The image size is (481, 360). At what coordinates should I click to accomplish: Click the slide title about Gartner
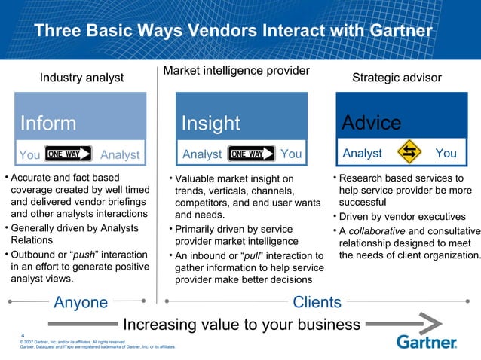pyautogui.click(x=233, y=32)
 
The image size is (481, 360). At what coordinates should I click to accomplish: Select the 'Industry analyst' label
pyautogui.click(x=81, y=78)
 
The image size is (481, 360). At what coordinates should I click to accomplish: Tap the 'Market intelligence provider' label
pyautogui.click(x=236, y=71)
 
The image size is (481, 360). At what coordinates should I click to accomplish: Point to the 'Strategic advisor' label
pyautogui.click(x=397, y=78)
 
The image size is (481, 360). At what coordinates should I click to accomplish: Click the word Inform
pyautogui.click(x=48, y=123)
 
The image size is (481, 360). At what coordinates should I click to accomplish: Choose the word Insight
pyautogui.click(x=210, y=123)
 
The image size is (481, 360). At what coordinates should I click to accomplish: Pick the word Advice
pyautogui.click(x=371, y=122)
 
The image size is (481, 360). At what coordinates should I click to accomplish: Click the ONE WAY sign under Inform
pyautogui.click(x=69, y=154)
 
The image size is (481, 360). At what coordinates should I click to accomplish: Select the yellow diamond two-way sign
pyautogui.click(x=410, y=153)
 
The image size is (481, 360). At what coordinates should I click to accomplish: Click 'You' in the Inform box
pyautogui.click(x=29, y=154)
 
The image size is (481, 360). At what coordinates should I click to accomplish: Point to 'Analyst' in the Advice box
pyautogui.click(x=362, y=154)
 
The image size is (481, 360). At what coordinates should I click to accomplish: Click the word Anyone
pyautogui.click(x=81, y=302)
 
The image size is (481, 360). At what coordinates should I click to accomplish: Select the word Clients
pyautogui.click(x=317, y=302)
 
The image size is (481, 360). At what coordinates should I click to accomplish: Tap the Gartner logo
pyautogui.click(x=427, y=343)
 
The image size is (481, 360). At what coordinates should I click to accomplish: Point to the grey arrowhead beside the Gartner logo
pyautogui.click(x=422, y=324)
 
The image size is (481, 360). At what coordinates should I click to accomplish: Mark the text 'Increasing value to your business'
pyautogui.click(x=241, y=325)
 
